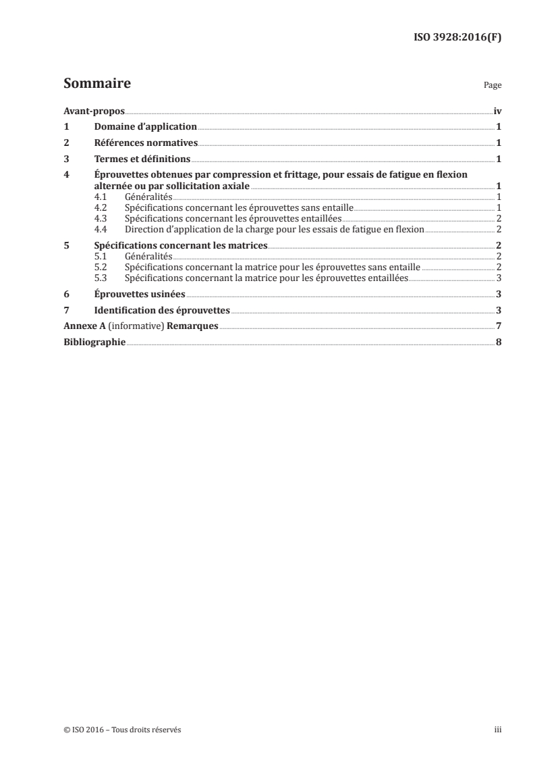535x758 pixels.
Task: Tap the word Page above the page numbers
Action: [492, 86]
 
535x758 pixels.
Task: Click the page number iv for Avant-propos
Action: [497, 111]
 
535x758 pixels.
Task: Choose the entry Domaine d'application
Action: [146, 127]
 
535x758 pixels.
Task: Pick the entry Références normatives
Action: [146, 143]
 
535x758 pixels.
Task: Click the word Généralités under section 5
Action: [148, 257]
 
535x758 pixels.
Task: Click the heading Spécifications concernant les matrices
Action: [181, 246]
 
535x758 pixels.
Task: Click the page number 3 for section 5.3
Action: [498, 278]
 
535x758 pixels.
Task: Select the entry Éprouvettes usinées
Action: [140, 295]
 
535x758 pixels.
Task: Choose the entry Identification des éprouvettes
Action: [162, 311]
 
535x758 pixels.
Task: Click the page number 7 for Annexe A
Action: [498, 327]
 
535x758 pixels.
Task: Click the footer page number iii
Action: [497, 730]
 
